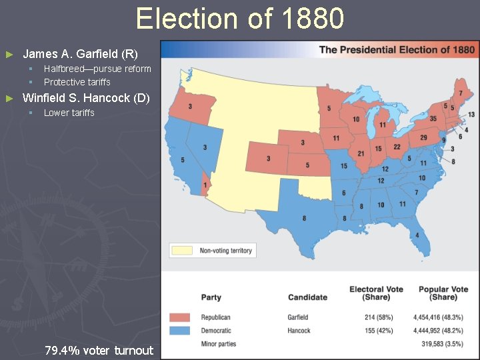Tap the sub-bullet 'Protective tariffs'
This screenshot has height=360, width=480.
pyautogui.click(x=77, y=82)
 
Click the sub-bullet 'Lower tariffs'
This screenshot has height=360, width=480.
pyautogui.click(x=69, y=113)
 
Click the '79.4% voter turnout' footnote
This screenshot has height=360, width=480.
pyautogui.click(x=99, y=350)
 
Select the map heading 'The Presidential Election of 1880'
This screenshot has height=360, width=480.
pyautogui.click(x=397, y=49)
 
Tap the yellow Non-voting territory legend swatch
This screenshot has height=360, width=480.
pyautogui.click(x=182, y=251)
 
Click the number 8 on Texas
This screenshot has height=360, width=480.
pyautogui.click(x=304, y=218)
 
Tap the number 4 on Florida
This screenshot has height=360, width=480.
pyautogui.click(x=418, y=235)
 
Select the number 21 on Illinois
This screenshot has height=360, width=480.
pyautogui.click(x=361, y=153)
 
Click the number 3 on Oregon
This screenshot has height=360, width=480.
pyautogui.click(x=191, y=107)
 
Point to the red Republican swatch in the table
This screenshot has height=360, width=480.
pyautogui.click(x=181, y=317)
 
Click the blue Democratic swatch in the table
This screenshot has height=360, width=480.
pyautogui.click(x=181, y=331)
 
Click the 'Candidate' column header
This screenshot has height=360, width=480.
pyautogui.click(x=307, y=297)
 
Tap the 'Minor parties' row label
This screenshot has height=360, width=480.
pyautogui.click(x=219, y=344)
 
